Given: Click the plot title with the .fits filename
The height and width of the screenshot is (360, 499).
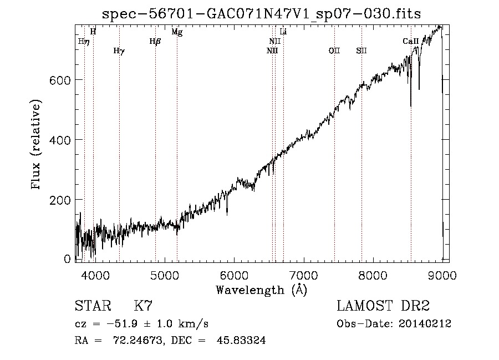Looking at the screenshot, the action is tap(261, 14).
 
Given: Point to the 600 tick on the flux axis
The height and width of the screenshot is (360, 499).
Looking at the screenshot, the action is tap(60, 80).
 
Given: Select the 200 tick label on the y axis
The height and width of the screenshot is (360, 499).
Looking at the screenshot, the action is tap(60, 200).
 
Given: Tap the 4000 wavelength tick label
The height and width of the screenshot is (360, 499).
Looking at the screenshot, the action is tap(95, 275).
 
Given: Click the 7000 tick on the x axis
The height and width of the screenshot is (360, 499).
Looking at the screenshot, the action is tap(304, 275).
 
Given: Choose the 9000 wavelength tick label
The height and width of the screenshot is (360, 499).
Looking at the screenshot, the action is tap(442, 275).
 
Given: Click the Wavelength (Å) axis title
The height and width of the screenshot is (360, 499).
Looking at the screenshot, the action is tap(262, 290).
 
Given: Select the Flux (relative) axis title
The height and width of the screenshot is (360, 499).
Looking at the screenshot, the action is tap(36, 145).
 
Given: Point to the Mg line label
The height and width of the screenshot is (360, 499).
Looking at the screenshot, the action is tap(177, 32).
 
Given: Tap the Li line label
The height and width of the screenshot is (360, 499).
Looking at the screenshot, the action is tap(283, 32).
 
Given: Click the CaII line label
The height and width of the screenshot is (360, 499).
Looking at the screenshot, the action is tap(410, 41).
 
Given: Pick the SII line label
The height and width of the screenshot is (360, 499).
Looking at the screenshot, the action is tap(361, 50).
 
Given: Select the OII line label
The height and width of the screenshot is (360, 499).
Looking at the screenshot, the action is tap(334, 50).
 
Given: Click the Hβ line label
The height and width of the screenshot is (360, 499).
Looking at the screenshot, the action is tap(155, 42).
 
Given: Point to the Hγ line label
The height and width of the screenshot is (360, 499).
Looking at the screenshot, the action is tap(119, 51).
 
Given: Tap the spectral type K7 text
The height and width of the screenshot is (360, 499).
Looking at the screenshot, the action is tap(143, 306).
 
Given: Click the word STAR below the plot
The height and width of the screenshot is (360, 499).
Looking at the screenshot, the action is tap(93, 306).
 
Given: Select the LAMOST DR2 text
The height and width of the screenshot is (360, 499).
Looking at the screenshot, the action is tap(383, 306).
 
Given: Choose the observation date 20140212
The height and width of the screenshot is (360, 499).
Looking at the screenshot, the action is tap(425, 324).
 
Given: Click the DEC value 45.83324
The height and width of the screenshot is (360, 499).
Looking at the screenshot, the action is tap(241, 340).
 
